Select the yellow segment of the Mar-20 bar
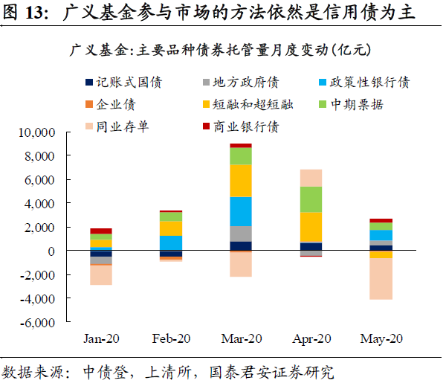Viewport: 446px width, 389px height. coord(240,180)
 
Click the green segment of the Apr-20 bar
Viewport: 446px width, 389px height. coord(310,199)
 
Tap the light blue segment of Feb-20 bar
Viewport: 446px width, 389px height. coord(171,242)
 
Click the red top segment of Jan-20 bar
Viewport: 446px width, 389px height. coord(101,231)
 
